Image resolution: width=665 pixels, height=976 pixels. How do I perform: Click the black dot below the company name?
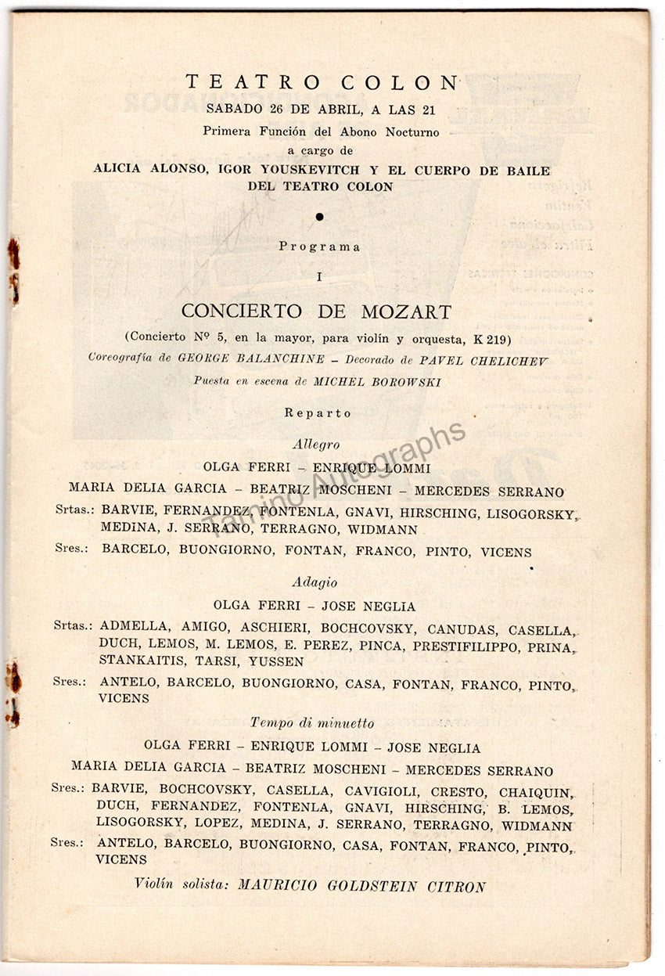pos(321,216)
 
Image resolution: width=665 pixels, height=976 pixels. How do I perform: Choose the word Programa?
pos(320,247)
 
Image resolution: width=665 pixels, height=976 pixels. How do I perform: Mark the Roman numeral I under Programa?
pos(320,276)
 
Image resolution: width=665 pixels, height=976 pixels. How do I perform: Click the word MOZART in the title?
pos(406,312)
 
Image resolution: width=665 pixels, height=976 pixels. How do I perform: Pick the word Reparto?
pos(318,412)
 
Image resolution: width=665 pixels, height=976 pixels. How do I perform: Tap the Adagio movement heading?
pos(315,582)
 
